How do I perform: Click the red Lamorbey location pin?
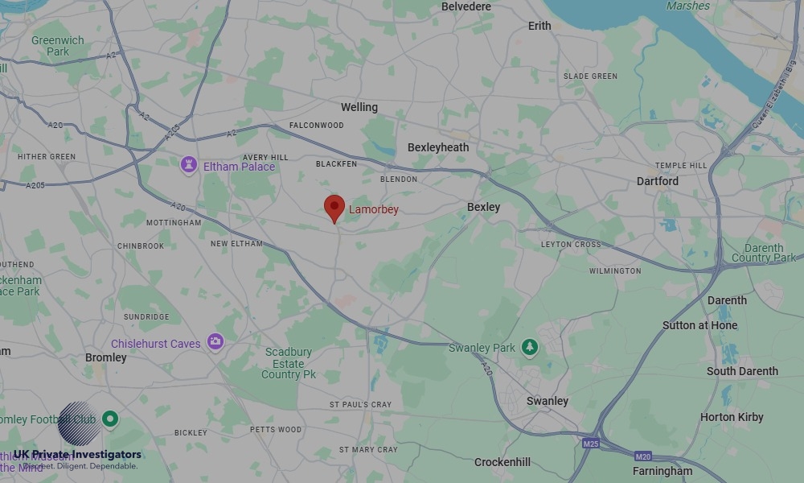pos(334,208)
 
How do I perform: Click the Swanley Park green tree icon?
pos(529,347)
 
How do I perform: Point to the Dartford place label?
pos(657,181)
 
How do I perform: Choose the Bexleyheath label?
pos(438,147)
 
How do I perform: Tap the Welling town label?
pos(359,107)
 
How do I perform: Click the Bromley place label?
pos(106,357)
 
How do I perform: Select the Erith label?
pos(539,26)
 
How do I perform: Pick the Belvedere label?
pos(466,6)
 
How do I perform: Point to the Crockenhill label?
pos(503,462)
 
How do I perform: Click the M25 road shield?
pos(591,444)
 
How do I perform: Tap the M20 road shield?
pos(642,456)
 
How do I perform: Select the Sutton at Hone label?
pos(699,325)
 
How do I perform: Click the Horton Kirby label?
pos(732,417)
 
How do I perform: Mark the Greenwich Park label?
pos(58,46)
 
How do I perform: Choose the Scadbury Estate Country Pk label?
pos(289,363)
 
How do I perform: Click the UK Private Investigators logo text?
pos(77,455)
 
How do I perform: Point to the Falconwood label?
pos(317,126)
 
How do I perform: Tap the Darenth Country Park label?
pos(764,253)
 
